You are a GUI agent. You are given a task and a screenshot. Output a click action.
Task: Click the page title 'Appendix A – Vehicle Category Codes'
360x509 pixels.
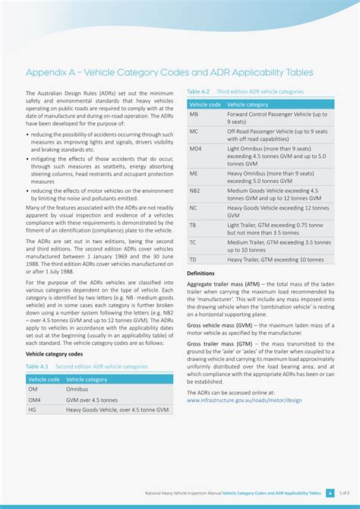click(169, 72)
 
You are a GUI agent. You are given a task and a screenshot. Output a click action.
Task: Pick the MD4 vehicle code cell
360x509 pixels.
click(196, 149)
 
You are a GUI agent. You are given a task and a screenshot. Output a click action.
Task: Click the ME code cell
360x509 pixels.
click(194, 173)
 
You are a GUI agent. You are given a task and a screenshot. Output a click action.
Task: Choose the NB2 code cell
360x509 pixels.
click(195, 191)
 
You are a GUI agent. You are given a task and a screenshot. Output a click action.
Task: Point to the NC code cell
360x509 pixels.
click(194, 207)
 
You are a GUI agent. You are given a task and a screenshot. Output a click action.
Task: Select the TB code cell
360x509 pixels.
click(193, 225)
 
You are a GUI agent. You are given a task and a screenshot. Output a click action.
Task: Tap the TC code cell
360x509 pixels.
click(193, 242)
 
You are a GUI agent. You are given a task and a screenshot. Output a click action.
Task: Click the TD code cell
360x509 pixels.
click(193, 259)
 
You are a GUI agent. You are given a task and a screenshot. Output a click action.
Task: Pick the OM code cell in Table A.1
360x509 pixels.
click(33, 389)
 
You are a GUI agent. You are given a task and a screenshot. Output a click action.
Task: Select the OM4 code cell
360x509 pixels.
click(35, 400)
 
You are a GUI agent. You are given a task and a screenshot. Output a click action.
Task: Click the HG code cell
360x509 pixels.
click(32, 409)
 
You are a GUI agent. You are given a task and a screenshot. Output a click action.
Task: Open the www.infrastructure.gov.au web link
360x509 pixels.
click(244, 400)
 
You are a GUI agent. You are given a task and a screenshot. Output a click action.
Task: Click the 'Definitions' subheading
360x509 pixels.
click(201, 273)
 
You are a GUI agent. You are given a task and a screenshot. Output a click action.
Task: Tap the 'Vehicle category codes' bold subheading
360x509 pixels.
click(55, 354)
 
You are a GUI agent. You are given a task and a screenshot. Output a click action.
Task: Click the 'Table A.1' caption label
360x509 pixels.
click(37, 366)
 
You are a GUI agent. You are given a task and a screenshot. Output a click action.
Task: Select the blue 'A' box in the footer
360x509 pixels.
click(330, 493)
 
